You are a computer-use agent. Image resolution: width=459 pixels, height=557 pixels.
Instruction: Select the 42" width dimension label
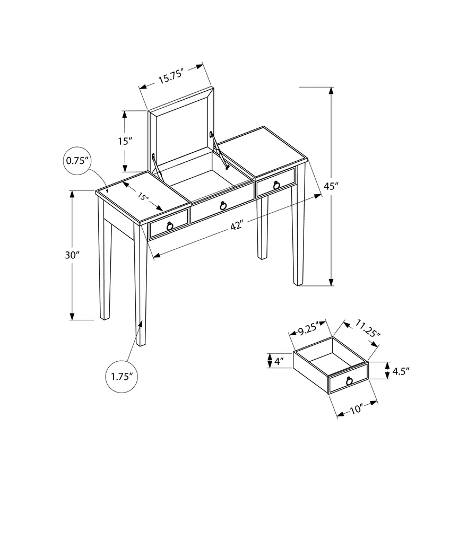236,225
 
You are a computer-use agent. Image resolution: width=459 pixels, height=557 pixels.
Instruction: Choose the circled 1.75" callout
121,376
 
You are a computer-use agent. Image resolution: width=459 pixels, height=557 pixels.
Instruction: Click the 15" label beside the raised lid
124,141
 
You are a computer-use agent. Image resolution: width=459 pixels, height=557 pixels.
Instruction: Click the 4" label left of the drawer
279,361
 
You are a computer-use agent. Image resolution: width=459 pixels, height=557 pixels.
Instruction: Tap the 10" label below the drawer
356,409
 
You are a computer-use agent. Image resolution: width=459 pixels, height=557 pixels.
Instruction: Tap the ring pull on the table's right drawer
276,184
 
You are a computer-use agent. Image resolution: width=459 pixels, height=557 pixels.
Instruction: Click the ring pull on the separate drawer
349,380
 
